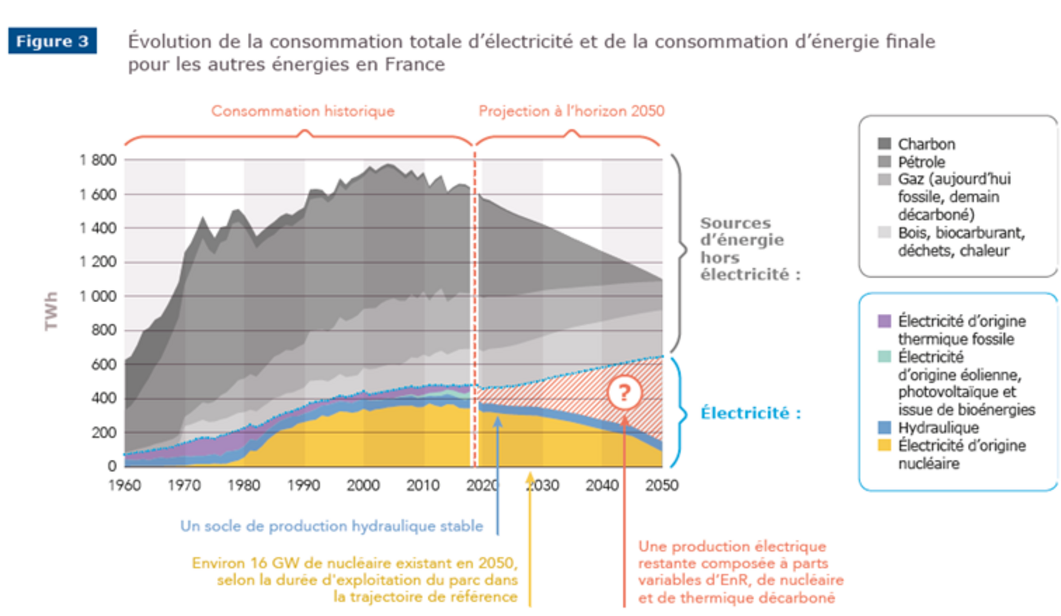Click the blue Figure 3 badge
click(52, 41)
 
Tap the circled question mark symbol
click(624, 393)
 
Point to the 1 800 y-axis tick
click(98, 160)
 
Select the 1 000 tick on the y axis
click(98, 296)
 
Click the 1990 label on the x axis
click(304, 485)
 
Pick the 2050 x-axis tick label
click(662, 485)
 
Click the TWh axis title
click(51, 311)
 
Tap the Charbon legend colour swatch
click(884, 144)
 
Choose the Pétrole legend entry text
click(921, 162)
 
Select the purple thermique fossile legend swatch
click(884, 321)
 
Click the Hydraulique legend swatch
click(884, 428)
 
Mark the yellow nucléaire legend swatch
click(884, 445)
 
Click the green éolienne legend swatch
click(884, 357)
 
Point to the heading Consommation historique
click(303, 111)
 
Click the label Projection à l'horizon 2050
click(571, 111)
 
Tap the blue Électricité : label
click(750, 413)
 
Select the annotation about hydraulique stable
click(331, 526)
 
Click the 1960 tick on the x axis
click(124, 485)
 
